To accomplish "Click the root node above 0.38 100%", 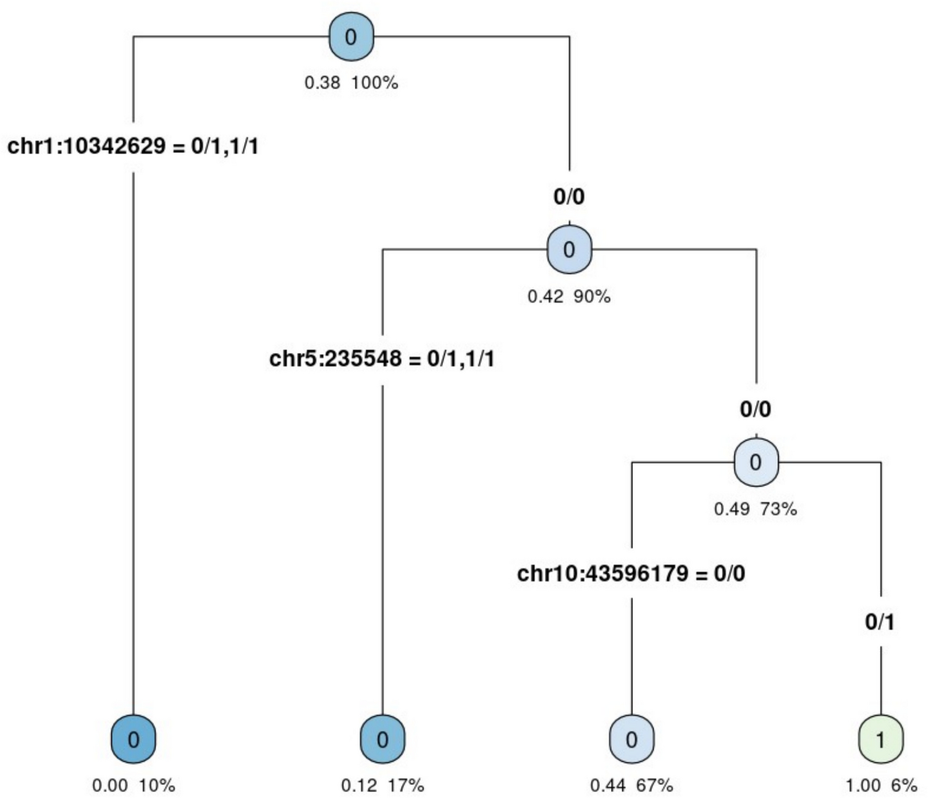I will (351, 36).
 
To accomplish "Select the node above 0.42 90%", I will (569, 250).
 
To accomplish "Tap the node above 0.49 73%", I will (756, 462).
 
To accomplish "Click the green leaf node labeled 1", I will (880, 739).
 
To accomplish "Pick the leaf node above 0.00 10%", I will (133, 739).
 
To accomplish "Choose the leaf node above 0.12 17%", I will (382, 739).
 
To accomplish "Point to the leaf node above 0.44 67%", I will (631, 739).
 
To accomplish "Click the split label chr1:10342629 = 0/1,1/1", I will (133, 146).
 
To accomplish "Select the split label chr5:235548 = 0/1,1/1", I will (382, 359).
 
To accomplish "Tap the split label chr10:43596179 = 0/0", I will (631, 574).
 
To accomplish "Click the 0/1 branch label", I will (880, 622).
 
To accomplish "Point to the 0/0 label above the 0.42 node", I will (569, 197).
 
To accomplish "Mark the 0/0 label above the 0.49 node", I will (756, 409).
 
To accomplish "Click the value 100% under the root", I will (376, 83).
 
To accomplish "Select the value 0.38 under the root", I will (322, 83).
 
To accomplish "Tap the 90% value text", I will (592, 297).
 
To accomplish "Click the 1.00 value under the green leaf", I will (863, 786).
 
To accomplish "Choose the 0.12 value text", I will (358, 786).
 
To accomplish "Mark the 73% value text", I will (778, 509).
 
